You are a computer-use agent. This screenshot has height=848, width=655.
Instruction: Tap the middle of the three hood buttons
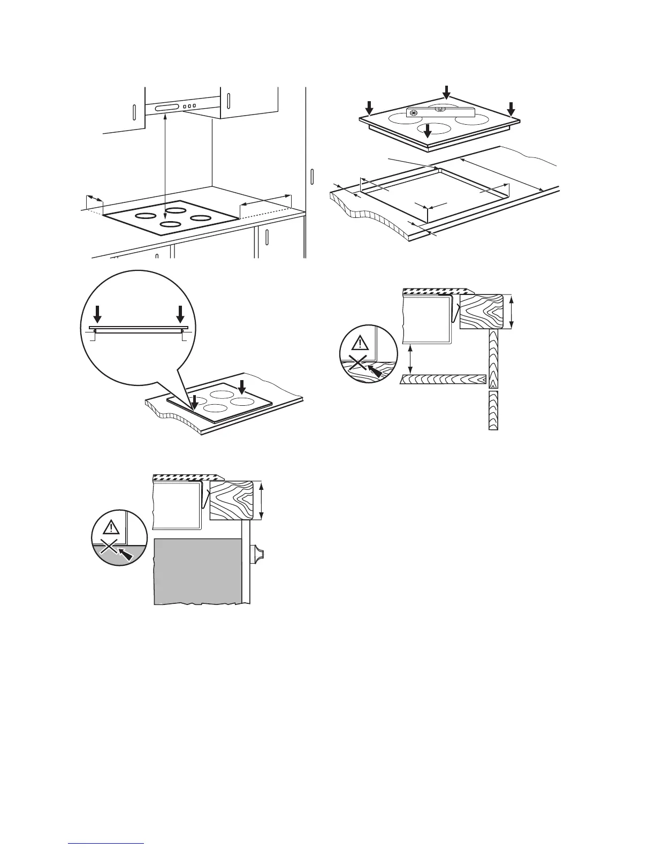point(189,107)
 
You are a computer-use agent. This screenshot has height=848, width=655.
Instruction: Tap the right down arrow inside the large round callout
point(180,314)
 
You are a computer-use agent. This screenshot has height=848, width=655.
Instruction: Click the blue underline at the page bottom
point(106,843)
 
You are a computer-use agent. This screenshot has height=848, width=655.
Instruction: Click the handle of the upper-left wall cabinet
point(134,113)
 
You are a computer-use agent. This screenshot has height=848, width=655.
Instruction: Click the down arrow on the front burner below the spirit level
point(428,130)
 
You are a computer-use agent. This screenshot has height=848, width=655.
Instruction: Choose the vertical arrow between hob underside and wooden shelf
point(410,359)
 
